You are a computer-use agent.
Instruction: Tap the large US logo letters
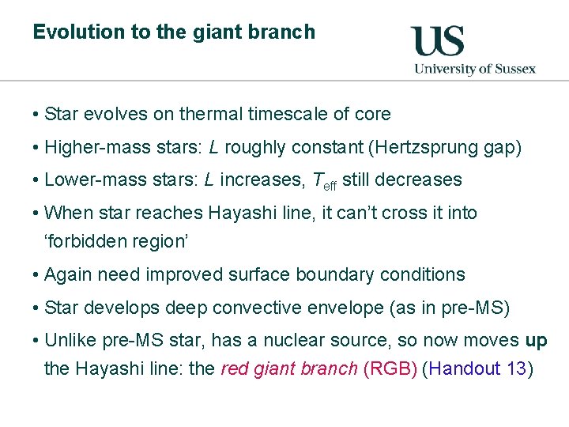click(x=437, y=41)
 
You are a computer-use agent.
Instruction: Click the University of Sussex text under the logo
click(x=475, y=69)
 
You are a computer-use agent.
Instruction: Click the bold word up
click(x=536, y=341)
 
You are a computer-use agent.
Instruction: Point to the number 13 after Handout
click(x=516, y=368)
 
